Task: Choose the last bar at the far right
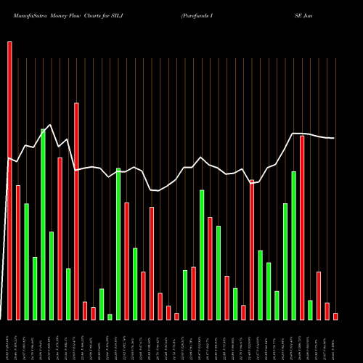335,316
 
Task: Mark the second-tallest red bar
76,211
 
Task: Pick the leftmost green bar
26,261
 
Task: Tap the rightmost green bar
310,310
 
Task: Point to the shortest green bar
110,317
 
